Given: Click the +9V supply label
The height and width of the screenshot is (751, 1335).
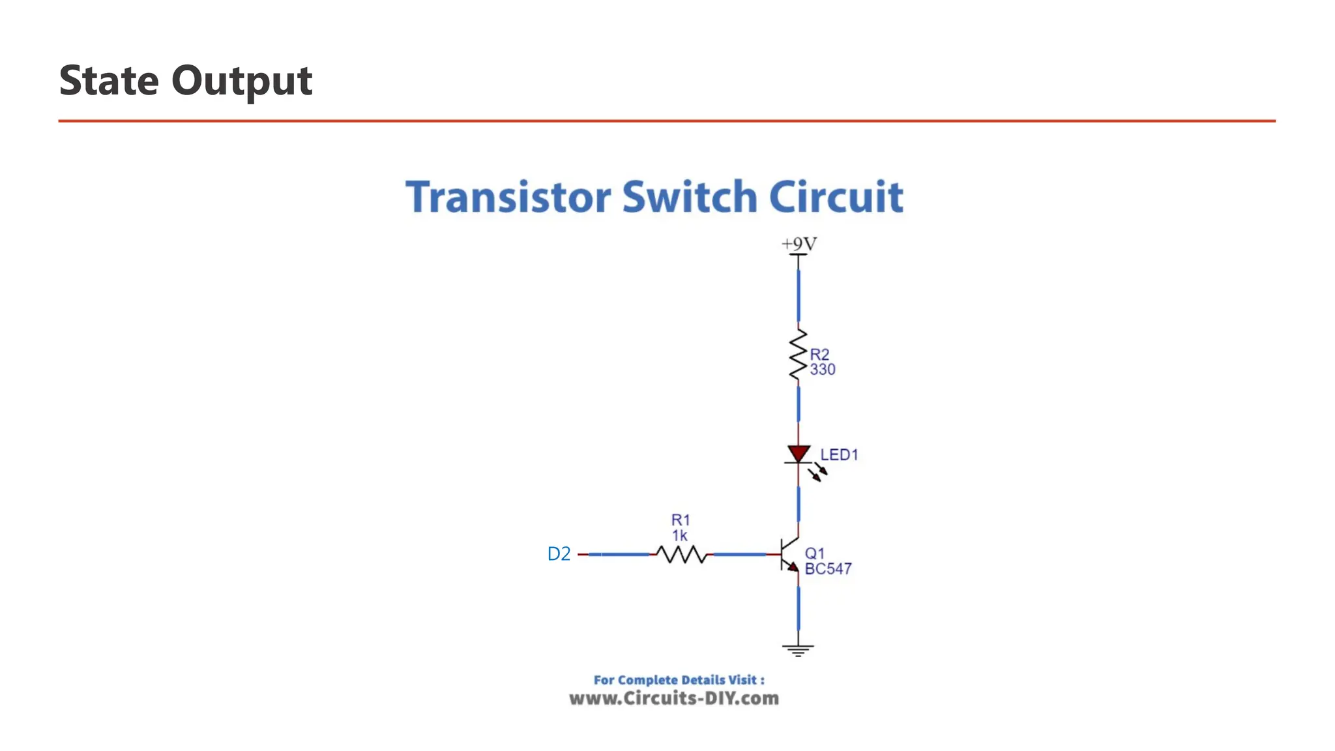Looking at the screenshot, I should [799, 244].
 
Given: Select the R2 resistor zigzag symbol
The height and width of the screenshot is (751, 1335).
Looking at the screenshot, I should [798, 355].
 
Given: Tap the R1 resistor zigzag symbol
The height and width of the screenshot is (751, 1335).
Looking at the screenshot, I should [681, 554].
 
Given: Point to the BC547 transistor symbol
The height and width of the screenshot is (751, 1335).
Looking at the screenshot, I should [789, 555].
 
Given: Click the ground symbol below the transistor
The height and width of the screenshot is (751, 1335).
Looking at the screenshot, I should [798, 649].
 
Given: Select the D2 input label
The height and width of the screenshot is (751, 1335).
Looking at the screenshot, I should [559, 554].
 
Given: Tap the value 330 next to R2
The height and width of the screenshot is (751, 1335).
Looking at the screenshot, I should [823, 370].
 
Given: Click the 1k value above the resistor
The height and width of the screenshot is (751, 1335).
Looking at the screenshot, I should [680, 536].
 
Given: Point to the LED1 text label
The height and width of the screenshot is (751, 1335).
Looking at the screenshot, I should [839, 455].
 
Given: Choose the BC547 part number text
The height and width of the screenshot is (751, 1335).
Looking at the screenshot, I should [828, 569].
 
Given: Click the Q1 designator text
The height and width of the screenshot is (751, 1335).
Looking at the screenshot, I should [814, 553].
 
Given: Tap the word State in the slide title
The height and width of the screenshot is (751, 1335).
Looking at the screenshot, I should [109, 81].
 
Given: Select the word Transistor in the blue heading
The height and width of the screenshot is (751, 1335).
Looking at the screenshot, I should [508, 197].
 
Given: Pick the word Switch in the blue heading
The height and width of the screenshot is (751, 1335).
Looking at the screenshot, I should [689, 197].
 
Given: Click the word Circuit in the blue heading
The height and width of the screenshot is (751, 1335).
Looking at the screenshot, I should [836, 197].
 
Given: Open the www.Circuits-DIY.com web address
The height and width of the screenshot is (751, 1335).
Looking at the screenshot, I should [674, 699].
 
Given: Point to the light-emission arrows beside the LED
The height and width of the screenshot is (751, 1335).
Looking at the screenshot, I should [817, 472].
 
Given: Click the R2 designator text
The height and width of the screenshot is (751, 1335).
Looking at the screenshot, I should [819, 355].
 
